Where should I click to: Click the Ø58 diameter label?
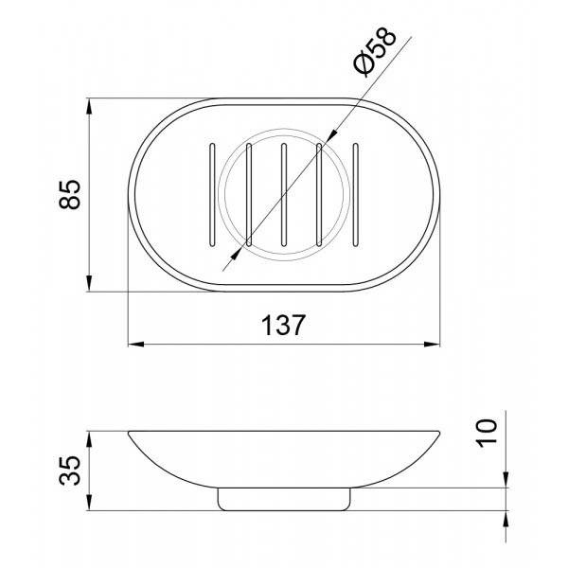375,51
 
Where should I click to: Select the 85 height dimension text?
69,194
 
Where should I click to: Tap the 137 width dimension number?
283,325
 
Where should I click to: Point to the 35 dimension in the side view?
69,470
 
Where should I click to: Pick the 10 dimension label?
487,434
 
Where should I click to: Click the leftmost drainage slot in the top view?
212,195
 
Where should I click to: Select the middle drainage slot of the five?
284,195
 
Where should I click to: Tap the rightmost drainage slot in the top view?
356,195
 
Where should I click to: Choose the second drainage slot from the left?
248,195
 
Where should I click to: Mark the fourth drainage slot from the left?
319,195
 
